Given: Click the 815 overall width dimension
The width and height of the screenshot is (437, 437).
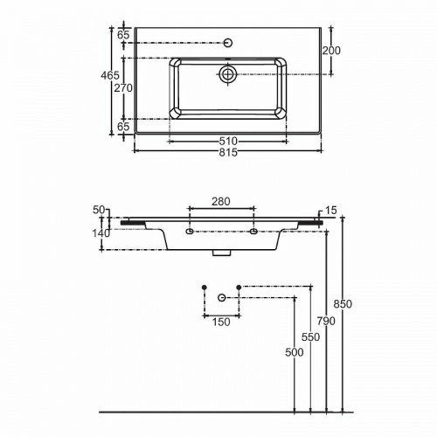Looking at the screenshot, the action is (x=228, y=152).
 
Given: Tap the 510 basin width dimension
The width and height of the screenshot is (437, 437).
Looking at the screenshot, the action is (x=228, y=142).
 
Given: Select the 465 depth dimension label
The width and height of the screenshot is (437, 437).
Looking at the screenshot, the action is (x=110, y=75).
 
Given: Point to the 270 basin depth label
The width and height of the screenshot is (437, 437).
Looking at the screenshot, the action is (x=123, y=87).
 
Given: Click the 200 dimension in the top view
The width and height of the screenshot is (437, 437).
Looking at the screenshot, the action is (x=331, y=51).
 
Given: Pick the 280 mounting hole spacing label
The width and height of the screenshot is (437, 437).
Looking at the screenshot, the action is (x=221, y=201).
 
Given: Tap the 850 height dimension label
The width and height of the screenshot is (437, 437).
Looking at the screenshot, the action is (x=343, y=304).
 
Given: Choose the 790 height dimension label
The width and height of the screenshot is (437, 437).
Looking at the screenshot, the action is (x=326, y=321).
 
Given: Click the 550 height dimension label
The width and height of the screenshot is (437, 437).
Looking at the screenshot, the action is (x=310, y=337).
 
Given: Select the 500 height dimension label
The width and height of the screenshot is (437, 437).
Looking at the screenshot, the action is (x=295, y=352).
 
